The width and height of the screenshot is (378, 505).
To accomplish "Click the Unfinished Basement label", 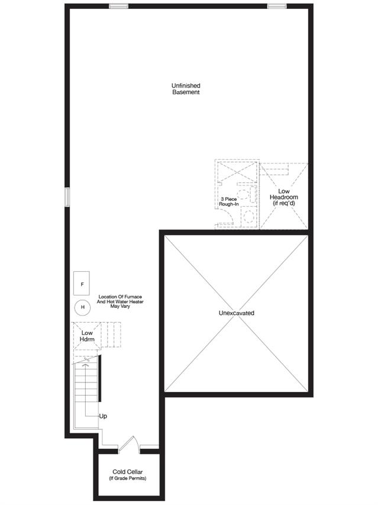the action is (186, 89).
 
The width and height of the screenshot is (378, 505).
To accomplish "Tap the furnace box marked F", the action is (82, 284).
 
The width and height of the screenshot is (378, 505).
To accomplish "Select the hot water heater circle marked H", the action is (82, 307).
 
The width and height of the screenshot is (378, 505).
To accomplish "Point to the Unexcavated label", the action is (237, 313).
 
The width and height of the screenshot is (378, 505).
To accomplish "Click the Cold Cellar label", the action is (127, 472).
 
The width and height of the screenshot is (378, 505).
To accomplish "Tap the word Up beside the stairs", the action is (103, 416).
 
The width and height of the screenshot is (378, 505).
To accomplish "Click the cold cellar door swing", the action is (130, 445).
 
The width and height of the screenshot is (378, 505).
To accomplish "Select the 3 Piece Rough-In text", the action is (229, 202).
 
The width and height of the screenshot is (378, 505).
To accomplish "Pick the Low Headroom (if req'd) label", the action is (284, 197).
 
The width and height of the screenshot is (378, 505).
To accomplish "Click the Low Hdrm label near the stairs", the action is (87, 336).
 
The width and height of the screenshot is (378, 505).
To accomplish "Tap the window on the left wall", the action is (67, 197).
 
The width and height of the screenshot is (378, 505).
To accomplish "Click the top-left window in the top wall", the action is (119, 6).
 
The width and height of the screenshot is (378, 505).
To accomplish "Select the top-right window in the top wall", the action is (277, 6).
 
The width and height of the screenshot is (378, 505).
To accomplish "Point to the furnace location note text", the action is (120, 301).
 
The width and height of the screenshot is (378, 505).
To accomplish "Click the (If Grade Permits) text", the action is (127, 478).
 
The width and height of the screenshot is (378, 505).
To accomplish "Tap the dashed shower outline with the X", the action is (237, 172).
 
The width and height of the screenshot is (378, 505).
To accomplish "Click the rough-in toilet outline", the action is (247, 194).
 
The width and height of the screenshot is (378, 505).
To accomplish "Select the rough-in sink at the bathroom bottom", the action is (248, 217).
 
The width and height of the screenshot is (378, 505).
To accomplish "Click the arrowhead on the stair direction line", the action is (86, 365).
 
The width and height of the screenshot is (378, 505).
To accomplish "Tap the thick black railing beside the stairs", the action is (100, 378).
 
